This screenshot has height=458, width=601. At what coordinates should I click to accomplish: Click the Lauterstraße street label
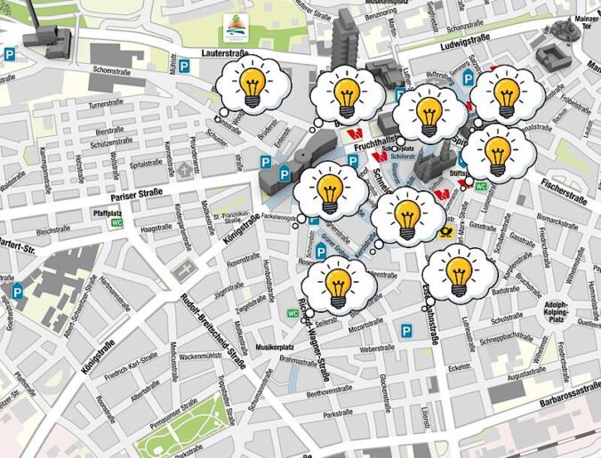pyautogui.click(x=223, y=53)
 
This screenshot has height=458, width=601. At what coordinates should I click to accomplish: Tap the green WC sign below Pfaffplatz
pyautogui.click(x=116, y=223)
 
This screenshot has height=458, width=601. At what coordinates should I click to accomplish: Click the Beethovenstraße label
pyautogui.click(x=329, y=391)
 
